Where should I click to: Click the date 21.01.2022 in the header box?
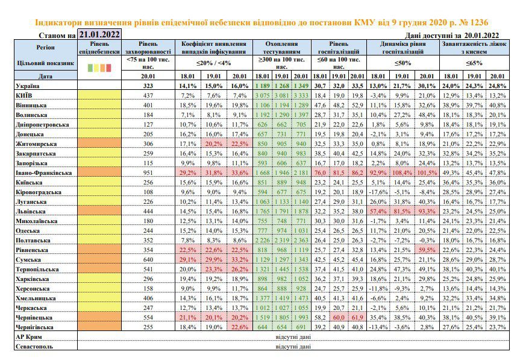(99, 34)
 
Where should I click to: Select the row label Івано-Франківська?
(44, 172)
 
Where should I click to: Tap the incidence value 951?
(148, 172)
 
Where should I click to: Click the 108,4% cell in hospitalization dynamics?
(402, 172)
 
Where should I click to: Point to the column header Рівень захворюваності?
(148, 48)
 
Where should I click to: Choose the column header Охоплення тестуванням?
(282, 48)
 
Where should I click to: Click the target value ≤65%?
(474, 63)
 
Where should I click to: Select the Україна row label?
(27, 86)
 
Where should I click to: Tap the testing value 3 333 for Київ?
(301, 95)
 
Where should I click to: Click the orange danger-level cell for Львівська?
(99, 212)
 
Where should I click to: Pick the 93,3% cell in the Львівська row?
(427, 212)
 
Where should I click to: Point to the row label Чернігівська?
(34, 327)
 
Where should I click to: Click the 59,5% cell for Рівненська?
(427, 250)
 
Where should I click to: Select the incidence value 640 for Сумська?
(148, 260)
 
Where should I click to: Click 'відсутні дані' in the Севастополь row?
(293, 347)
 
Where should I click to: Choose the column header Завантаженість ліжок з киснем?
(474, 48)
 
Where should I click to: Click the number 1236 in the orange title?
(478, 23)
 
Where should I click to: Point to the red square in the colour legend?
(108, 68)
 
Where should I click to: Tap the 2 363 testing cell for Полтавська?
(301, 241)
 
